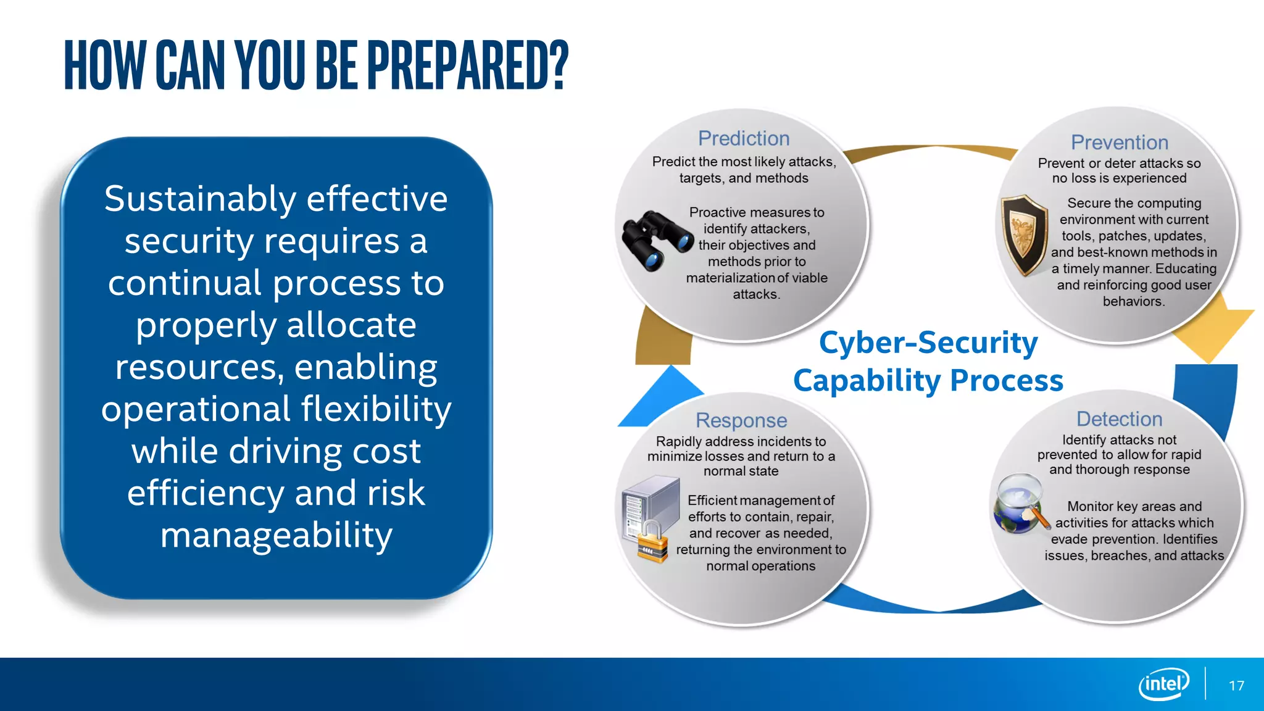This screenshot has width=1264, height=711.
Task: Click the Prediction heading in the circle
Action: coord(744,138)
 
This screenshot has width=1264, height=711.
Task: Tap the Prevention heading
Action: coord(1119,143)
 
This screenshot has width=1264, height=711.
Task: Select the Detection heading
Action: coord(1119,419)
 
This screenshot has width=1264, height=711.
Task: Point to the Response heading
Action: coord(741,420)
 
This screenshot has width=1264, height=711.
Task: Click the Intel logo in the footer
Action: coord(1163,684)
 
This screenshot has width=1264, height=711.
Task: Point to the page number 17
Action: coord(1236,686)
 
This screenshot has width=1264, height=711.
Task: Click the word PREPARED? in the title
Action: coord(467,65)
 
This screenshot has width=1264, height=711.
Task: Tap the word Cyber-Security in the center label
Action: coord(928,343)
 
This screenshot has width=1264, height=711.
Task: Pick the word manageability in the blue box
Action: coord(276,535)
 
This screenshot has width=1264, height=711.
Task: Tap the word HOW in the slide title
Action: coord(104,65)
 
